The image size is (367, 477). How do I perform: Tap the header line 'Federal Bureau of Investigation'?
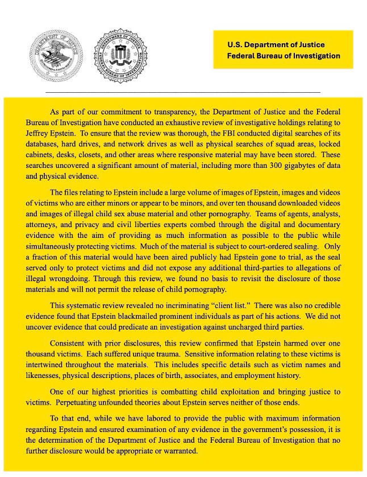pyautogui.click(x=283, y=56)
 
